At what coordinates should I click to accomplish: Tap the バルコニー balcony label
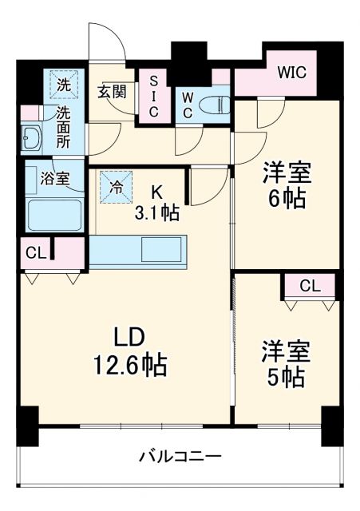[180, 457]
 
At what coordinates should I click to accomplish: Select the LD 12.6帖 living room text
[130, 352]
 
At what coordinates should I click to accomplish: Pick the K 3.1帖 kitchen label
[156, 202]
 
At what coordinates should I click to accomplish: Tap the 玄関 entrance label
[113, 91]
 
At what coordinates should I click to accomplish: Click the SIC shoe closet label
[153, 97]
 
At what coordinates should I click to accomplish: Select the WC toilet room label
[186, 104]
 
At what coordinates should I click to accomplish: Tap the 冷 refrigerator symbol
[116, 189]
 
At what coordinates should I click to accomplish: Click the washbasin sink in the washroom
[33, 137]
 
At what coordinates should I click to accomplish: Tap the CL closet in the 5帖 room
[311, 286]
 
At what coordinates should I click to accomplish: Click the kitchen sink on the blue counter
[161, 250]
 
